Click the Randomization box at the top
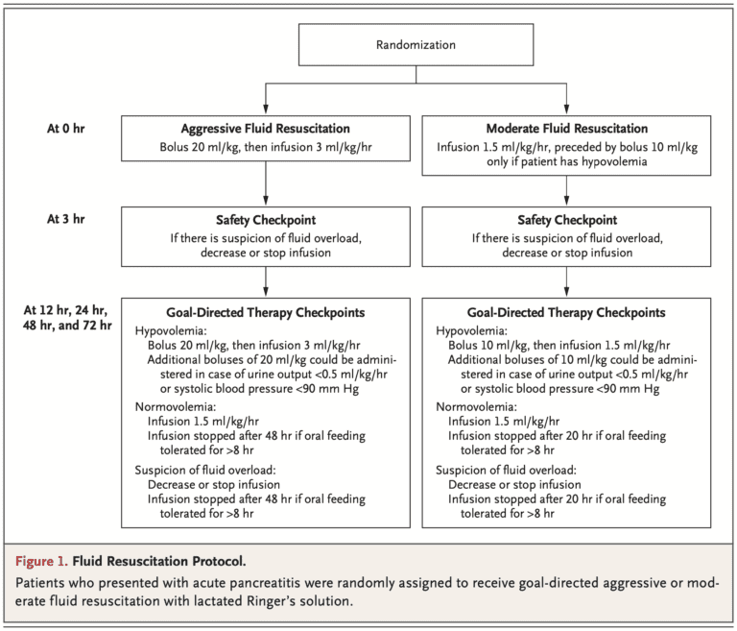tap(415, 45)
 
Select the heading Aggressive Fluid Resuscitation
tap(264, 129)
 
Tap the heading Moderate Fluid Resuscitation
tap(566, 129)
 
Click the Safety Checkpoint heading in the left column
tap(264, 220)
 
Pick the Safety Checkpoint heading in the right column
tap(566, 220)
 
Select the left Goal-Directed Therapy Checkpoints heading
tap(264, 312)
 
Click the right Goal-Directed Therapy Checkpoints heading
tap(566, 312)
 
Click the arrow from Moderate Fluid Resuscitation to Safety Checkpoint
tap(566, 189)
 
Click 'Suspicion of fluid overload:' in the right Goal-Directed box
tap(506, 470)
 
